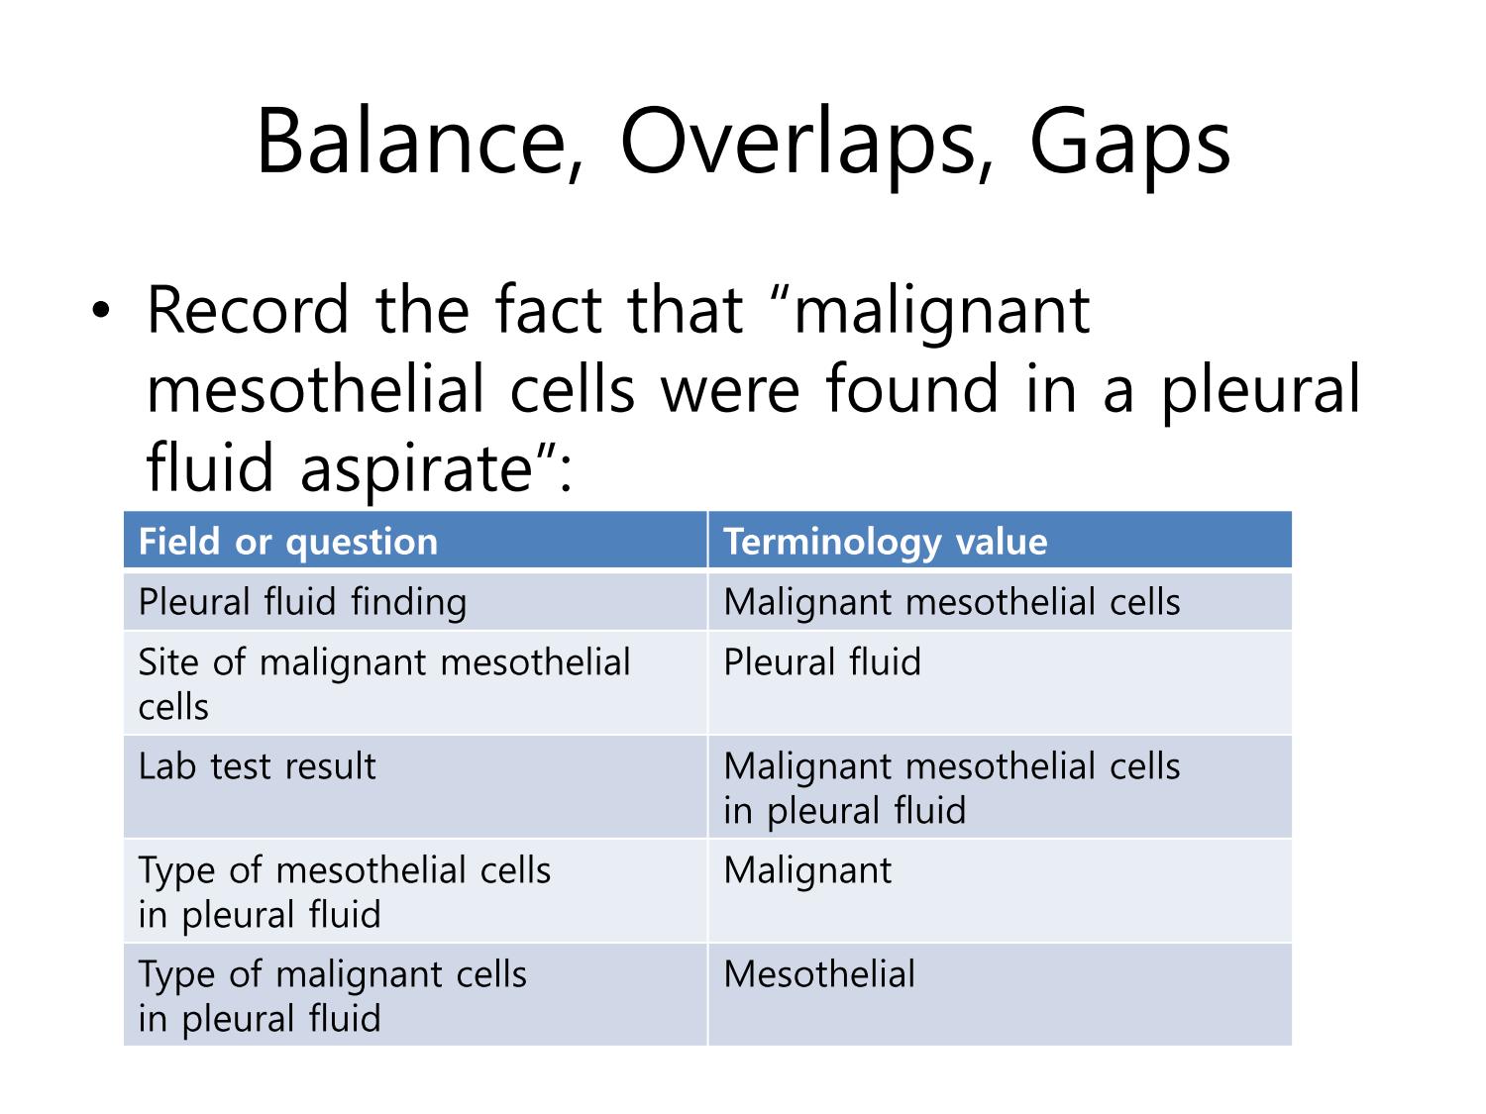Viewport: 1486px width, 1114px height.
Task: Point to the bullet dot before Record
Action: (x=101, y=311)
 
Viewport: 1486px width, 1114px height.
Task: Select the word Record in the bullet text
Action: (x=248, y=310)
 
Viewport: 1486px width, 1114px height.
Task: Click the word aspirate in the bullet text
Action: (x=417, y=469)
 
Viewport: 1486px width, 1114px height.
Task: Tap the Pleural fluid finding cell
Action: (x=415, y=601)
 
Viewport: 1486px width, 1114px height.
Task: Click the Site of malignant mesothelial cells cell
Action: (x=415, y=683)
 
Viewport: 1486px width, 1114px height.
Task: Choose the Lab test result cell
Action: (x=415, y=786)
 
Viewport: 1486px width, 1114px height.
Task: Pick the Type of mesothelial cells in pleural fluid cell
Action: (x=415, y=891)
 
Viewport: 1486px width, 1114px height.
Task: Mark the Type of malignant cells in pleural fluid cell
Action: (x=415, y=994)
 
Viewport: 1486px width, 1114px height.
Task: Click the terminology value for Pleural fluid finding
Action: (x=1000, y=601)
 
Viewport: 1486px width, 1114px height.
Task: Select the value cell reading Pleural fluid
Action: (x=1000, y=683)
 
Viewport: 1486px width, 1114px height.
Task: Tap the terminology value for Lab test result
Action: (x=1000, y=786)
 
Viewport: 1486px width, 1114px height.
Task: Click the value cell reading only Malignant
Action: (x=1000, y=891)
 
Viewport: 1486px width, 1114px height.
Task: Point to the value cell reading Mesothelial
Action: (x=1000, y=994)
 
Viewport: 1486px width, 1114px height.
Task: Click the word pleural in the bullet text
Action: (x=1260, y=391)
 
